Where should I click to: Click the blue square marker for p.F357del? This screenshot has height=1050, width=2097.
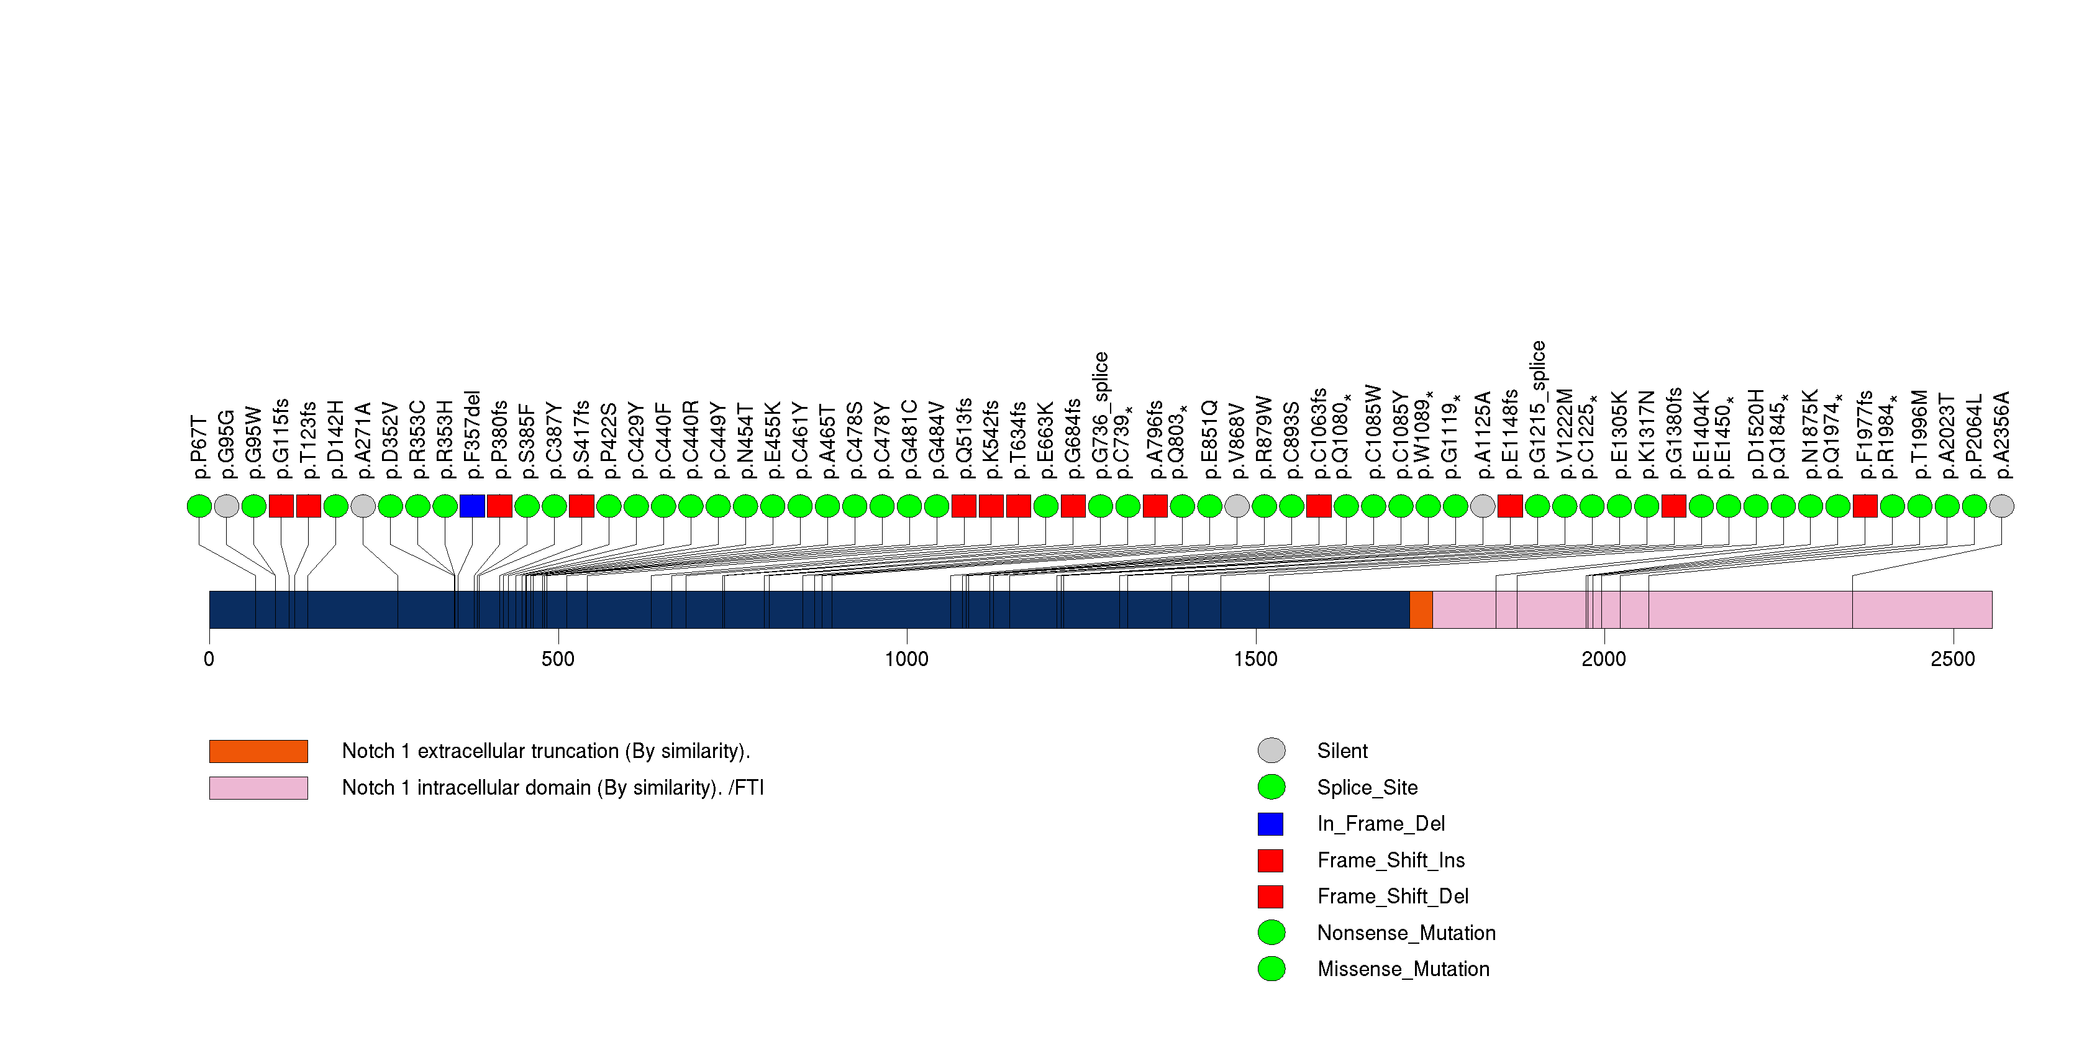coord(472,506)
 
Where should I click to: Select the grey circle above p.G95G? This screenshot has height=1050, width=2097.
coord(226,506)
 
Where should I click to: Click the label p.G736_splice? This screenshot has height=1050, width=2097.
coord(1101,415)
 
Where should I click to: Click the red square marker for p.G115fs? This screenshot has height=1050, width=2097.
coord(281,506)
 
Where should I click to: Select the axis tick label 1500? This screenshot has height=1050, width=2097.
coord(1255,659)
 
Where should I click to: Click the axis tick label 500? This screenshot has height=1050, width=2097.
coord(558,659)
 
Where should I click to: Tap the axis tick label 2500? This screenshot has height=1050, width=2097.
coord(1953,659)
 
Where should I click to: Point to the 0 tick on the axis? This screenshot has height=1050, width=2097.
coord(209,659)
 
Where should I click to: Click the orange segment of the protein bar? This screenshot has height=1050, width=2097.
coord(1421,609)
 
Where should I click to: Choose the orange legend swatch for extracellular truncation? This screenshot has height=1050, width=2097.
coord(258,751)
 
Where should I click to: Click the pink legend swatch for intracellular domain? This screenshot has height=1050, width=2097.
coord(258,788)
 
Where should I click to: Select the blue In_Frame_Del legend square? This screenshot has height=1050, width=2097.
coord(1271,824)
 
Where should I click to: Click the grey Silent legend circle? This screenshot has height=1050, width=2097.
coord(1271,751)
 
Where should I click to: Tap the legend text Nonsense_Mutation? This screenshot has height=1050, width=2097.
coord(1406,933)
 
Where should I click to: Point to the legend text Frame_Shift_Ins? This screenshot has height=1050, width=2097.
coord(1390,861)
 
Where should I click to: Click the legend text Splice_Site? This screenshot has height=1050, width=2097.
coord(1367,788)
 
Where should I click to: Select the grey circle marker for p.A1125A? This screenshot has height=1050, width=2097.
coord(1483,506)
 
